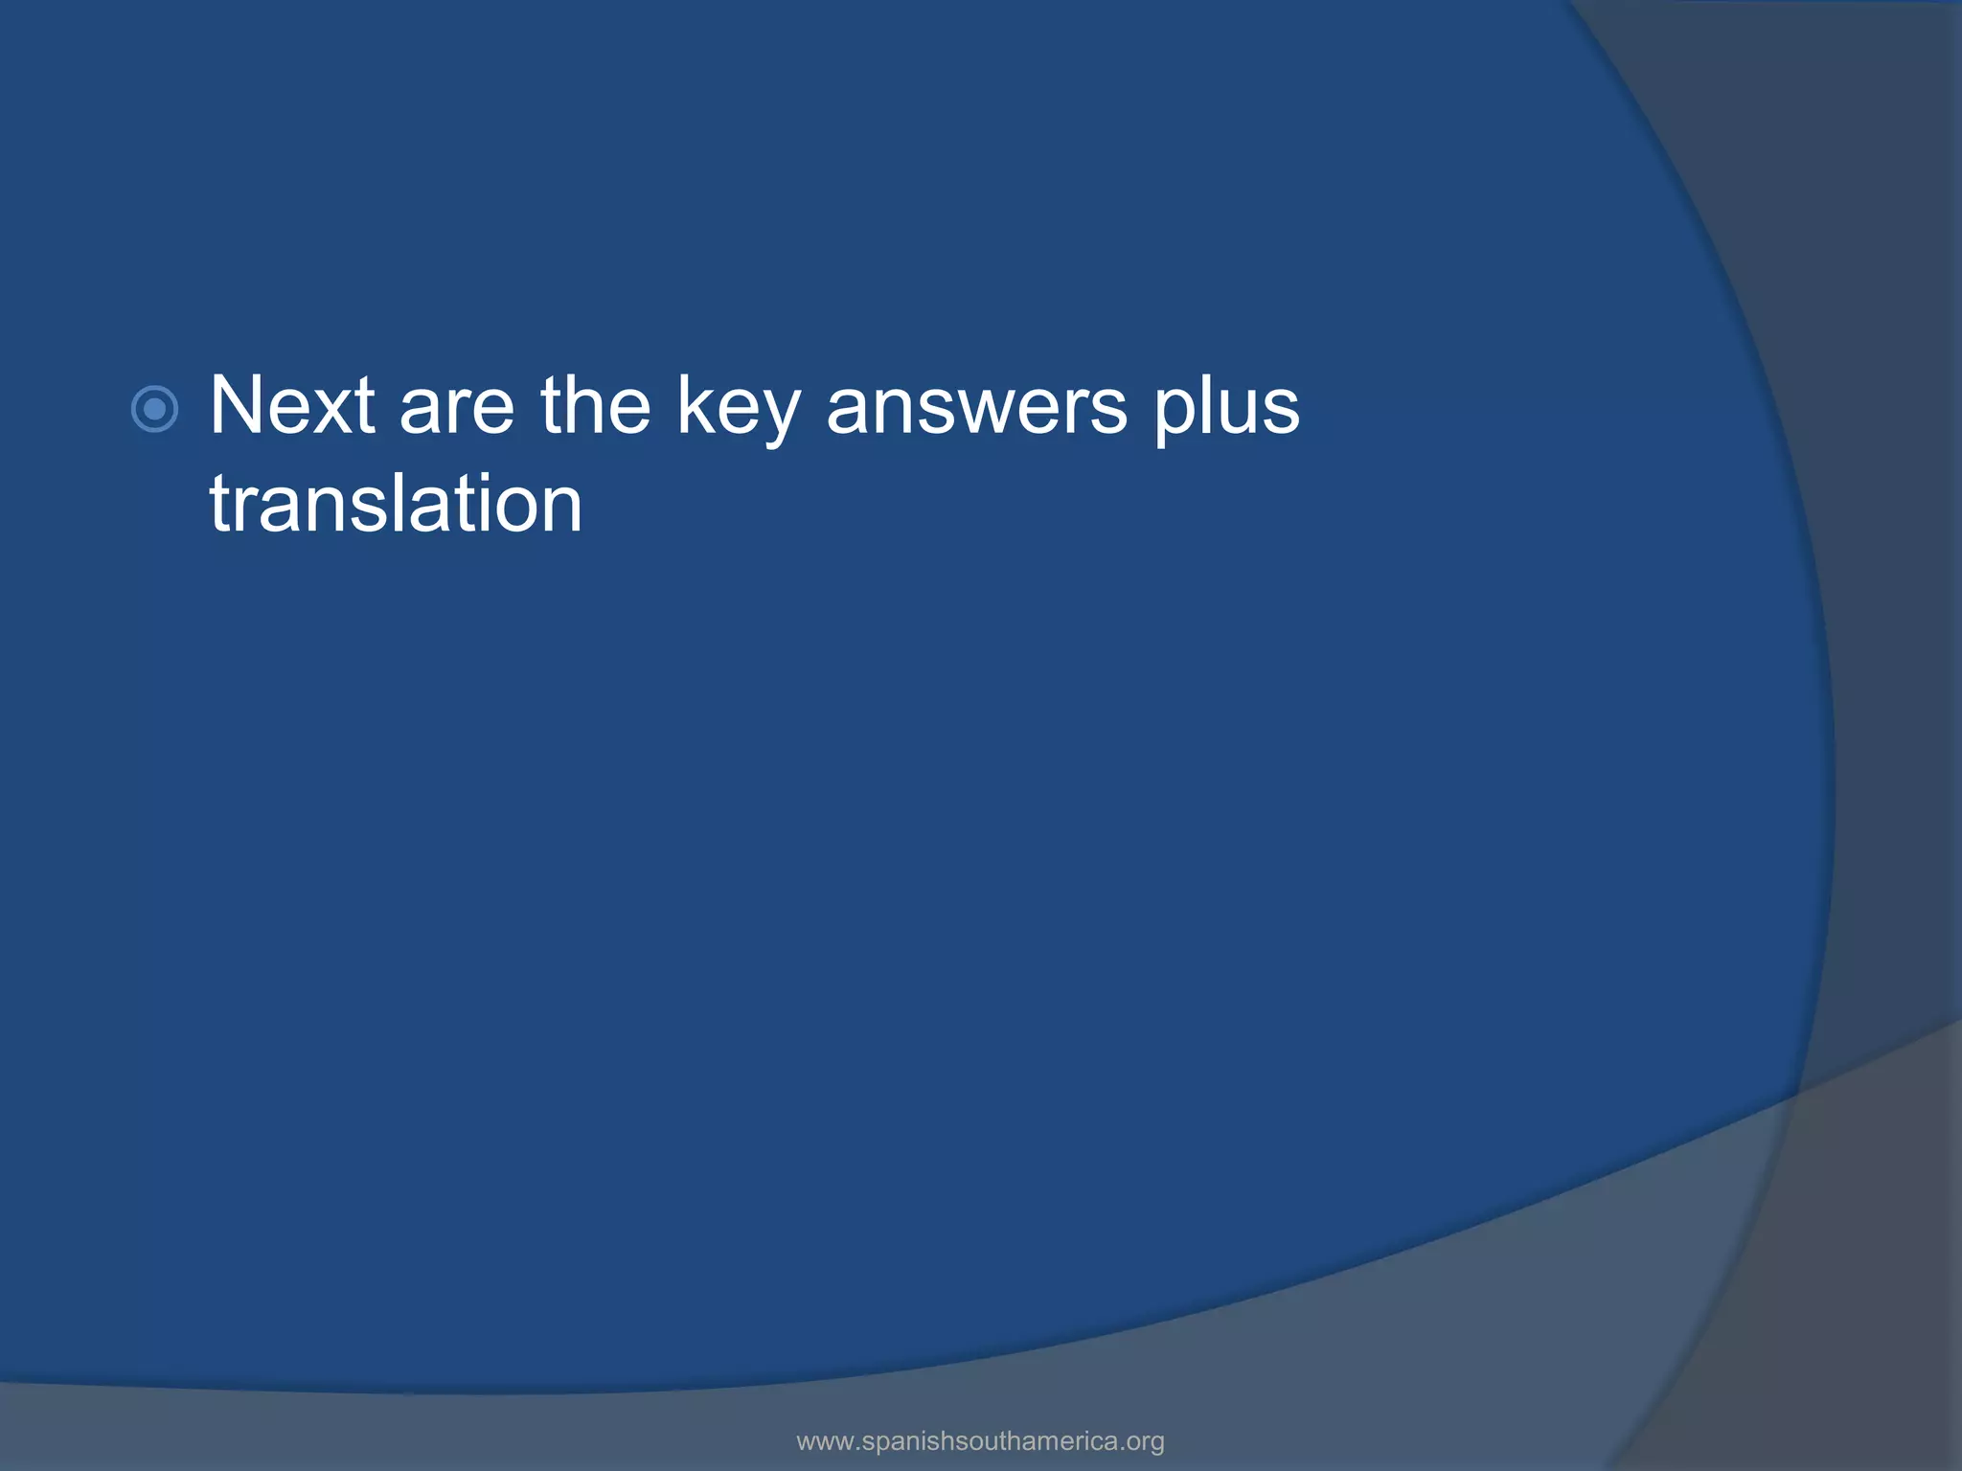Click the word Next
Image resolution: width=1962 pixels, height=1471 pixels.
292,406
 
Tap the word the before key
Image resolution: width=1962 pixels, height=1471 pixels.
595,406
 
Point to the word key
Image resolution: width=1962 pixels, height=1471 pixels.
738,412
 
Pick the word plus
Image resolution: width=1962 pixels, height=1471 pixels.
1226,412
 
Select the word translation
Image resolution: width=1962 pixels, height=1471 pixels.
396,504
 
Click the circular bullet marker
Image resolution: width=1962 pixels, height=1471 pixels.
154,410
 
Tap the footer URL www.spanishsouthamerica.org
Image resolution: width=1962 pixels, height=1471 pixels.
980,1440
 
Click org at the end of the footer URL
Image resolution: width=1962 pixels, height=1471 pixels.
1146,1442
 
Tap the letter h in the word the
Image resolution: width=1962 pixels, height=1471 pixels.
590,405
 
